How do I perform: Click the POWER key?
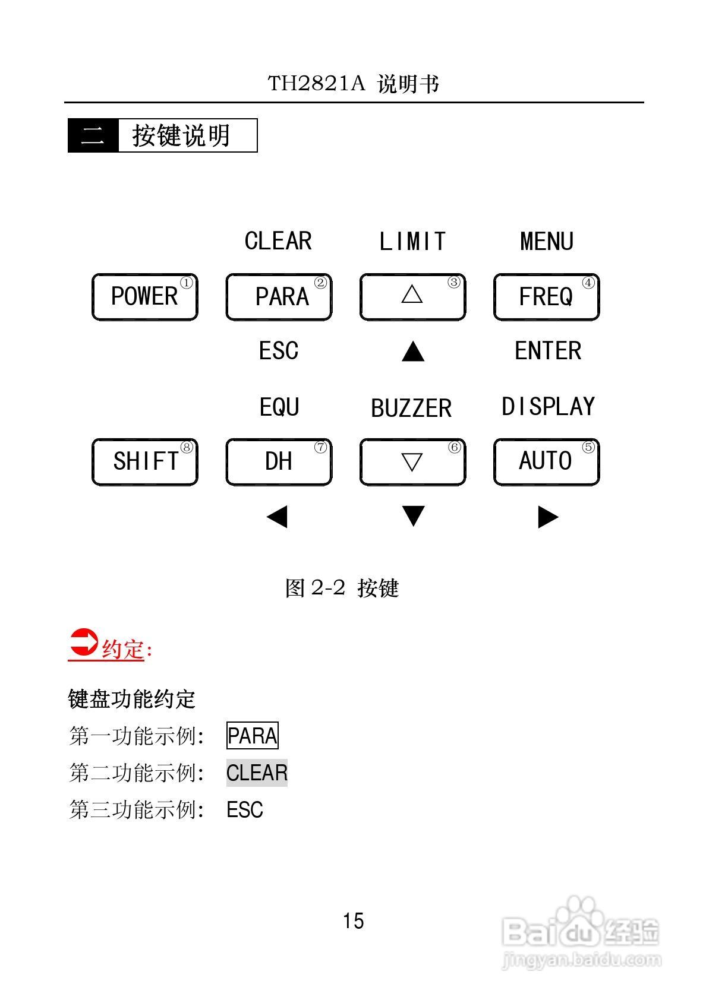click(x=144, y=297)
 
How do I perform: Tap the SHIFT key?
click(x=144, y=462)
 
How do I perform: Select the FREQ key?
click(x=546, y=297)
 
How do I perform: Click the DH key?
click(x=278, y=462)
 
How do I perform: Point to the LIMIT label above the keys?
click(x=412, y=242)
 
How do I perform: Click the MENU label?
click(x=547, y=242)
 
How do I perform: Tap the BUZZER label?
click(x=411, y=409)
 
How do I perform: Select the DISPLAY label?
click(x=548, y=407)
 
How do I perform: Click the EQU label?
click(x=279, y=407)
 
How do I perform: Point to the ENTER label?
click(x=548, y=351)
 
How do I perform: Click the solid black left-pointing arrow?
click(x=277, y=517)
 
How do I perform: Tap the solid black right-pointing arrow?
click(x=548, y=517)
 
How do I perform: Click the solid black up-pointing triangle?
click(x=413, y=352)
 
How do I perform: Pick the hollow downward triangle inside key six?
click(x=412, y=461)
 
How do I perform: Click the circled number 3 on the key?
click(x=454, y=283)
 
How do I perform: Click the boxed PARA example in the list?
click(x=253, y=736)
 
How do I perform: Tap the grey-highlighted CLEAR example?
click(x=257, y=773)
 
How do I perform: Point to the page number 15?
click(x=353, y=921)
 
